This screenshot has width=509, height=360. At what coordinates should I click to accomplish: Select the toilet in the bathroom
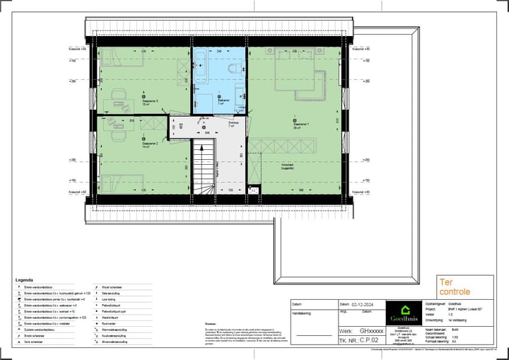(234, 69)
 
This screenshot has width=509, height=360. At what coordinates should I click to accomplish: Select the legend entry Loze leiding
(111, 299)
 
